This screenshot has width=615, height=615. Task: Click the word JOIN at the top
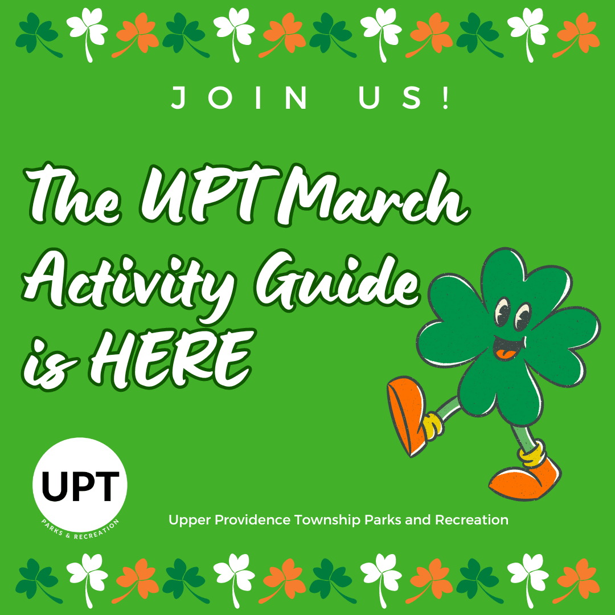tap(239, 98)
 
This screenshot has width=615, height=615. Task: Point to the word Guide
tap(337, 280)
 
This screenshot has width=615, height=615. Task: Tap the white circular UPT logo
tap(80, 487)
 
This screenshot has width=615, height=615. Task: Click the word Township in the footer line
tap(327, 520)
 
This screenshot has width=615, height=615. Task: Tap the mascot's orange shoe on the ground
tap(525, 479)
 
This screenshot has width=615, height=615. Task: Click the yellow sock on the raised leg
tap(433, 425)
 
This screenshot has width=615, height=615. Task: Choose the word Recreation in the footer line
tap(472, 520)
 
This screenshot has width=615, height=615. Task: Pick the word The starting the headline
tap(72, 194)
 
